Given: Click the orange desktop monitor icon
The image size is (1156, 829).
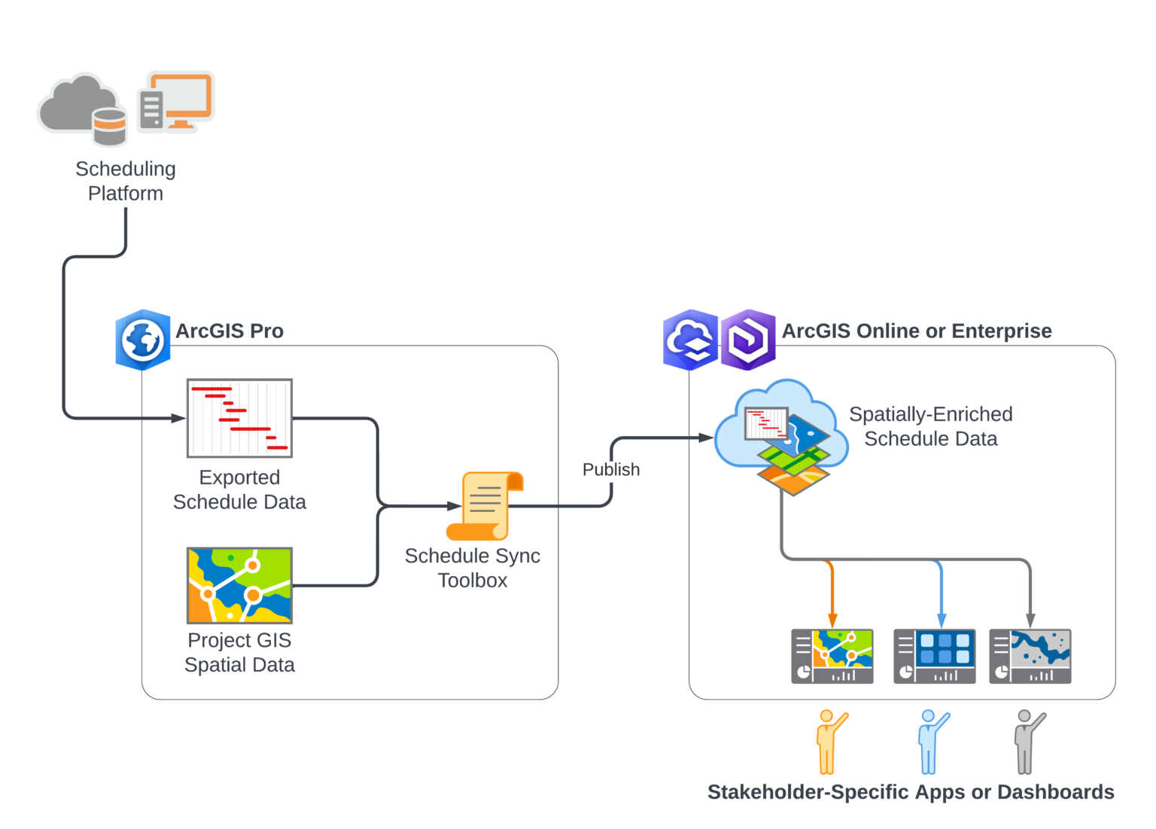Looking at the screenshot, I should pyautogui.click(x=176, y=102).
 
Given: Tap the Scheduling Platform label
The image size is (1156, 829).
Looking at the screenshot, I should pyautogui.click(x=126, y=181).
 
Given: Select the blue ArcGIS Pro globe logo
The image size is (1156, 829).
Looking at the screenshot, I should pyautogui.click(x=143, y=340).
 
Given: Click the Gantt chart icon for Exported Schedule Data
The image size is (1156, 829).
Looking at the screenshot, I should pyautogui.click(x=239, y=418).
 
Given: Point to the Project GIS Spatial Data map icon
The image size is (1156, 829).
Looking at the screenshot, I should pyautogui.click(x=239, y=585).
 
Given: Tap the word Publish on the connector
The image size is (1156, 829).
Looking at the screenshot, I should pyautogui.click(x=611, y=469).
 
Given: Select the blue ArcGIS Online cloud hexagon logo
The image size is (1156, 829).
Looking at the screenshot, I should pyautogui.click(x=691, y=340).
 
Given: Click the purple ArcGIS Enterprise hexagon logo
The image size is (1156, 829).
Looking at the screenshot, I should pyautogui.click(x=748, y=340).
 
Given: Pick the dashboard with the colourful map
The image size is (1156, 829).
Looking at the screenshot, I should pyautogui.click(x=832, y=657).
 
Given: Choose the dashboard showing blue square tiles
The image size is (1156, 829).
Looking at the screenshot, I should pyautogui.click(x=935, y=657).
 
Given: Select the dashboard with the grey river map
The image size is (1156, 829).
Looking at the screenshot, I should pyautogui.click(x=1030, y=657).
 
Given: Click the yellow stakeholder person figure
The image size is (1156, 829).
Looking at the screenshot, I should pyautogui.click(x=829, y=742).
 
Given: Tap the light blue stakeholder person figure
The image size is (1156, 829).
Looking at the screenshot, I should pyautogui.click(x=932, y=742).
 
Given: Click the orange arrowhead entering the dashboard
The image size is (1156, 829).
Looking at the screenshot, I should pyautogui.click(x=832, y=621).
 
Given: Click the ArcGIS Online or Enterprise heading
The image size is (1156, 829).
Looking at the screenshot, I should pyautogui.click(x=917, y=331).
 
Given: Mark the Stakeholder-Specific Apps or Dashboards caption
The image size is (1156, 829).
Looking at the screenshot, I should pyautogui.click(x=911, y=792).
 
